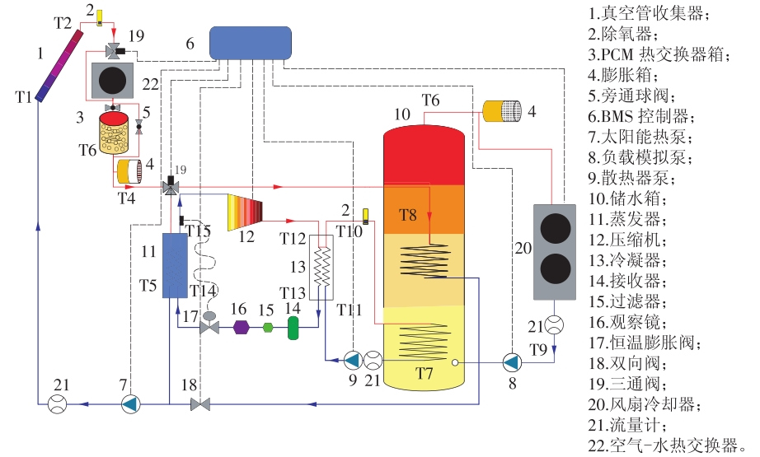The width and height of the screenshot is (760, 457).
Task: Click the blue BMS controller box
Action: click(x=250, y=43)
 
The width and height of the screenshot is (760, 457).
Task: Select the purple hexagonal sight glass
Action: click(x=241, y=327)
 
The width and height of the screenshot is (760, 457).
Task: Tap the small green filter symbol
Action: click(x=268, y=328)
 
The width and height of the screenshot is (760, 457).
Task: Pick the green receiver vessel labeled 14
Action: click(x=293, y=327)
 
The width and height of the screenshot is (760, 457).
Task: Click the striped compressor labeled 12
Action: click(x=246, y=212)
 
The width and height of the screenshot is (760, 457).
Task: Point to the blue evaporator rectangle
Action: click(x=175, y=265)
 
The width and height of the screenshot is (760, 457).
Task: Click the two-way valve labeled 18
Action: click(x=200, y=404)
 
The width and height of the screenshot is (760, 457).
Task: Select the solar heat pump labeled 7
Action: click(x=130, y=403)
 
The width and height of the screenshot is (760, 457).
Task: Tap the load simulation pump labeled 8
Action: click(x=511, y=361)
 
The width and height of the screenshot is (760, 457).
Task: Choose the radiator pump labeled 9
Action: click(x=352, y=360)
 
